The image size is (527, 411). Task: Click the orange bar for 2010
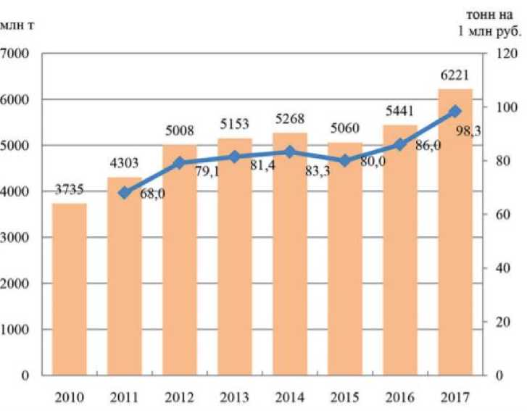tap(69, 290)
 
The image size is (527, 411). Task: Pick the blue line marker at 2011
tap(124, 193)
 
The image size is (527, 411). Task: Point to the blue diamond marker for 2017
tap(455, 112)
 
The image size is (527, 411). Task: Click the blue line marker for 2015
tap(345, 161)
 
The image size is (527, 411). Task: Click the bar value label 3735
tap(69, 191)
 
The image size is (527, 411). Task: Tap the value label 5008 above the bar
tap(180, 132)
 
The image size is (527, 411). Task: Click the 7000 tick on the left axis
tap(15, 54)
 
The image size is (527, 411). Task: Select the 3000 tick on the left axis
tap(15, 238)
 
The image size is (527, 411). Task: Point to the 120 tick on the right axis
tap(506, 54)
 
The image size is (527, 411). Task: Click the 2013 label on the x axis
tap(235, 397)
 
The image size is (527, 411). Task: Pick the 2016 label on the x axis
tap(400, 397)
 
